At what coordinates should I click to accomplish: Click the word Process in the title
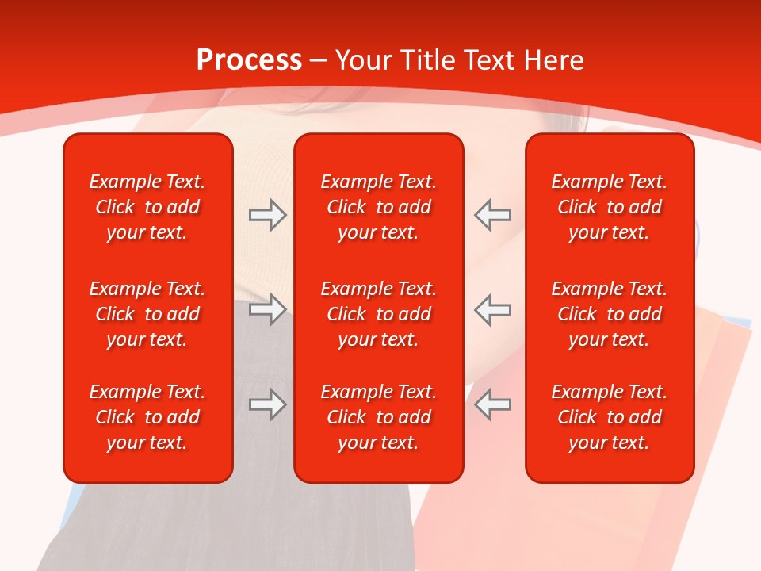click(249, 60)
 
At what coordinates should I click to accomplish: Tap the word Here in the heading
click(554, 60)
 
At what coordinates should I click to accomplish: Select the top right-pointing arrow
click(267, 215)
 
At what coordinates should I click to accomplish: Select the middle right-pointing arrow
click(267, 309)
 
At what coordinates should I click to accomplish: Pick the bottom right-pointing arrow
click(267, 404)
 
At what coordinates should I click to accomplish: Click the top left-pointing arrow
click(493, 215)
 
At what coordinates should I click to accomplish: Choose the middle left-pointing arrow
click(493, 309)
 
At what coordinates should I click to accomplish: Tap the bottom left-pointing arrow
click(493, 404)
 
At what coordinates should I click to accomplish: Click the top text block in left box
click(147, 207)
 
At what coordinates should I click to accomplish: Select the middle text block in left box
click(147, 314)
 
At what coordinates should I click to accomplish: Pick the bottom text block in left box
click(147, 417)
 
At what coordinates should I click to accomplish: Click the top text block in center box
click(378, 207)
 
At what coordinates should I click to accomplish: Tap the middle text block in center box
click(378, 314)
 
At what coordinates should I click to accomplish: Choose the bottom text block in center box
click(378, 417)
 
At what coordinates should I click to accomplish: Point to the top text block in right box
click(609, 207)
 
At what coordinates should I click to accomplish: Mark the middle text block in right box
click(609, 314)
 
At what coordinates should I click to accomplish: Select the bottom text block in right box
click(609, 417)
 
